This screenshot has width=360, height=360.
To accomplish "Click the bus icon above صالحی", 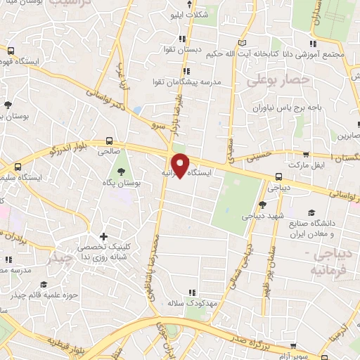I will point(109,141).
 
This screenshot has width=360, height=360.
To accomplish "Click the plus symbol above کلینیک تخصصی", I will point(104,236).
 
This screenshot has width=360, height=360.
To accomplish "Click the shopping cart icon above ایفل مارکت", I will point(304,153).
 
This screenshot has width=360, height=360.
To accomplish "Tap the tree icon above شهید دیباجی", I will point(262,205).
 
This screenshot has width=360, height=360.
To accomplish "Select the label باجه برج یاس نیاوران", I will point(283,108).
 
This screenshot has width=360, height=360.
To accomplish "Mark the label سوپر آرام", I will point(308,349).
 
